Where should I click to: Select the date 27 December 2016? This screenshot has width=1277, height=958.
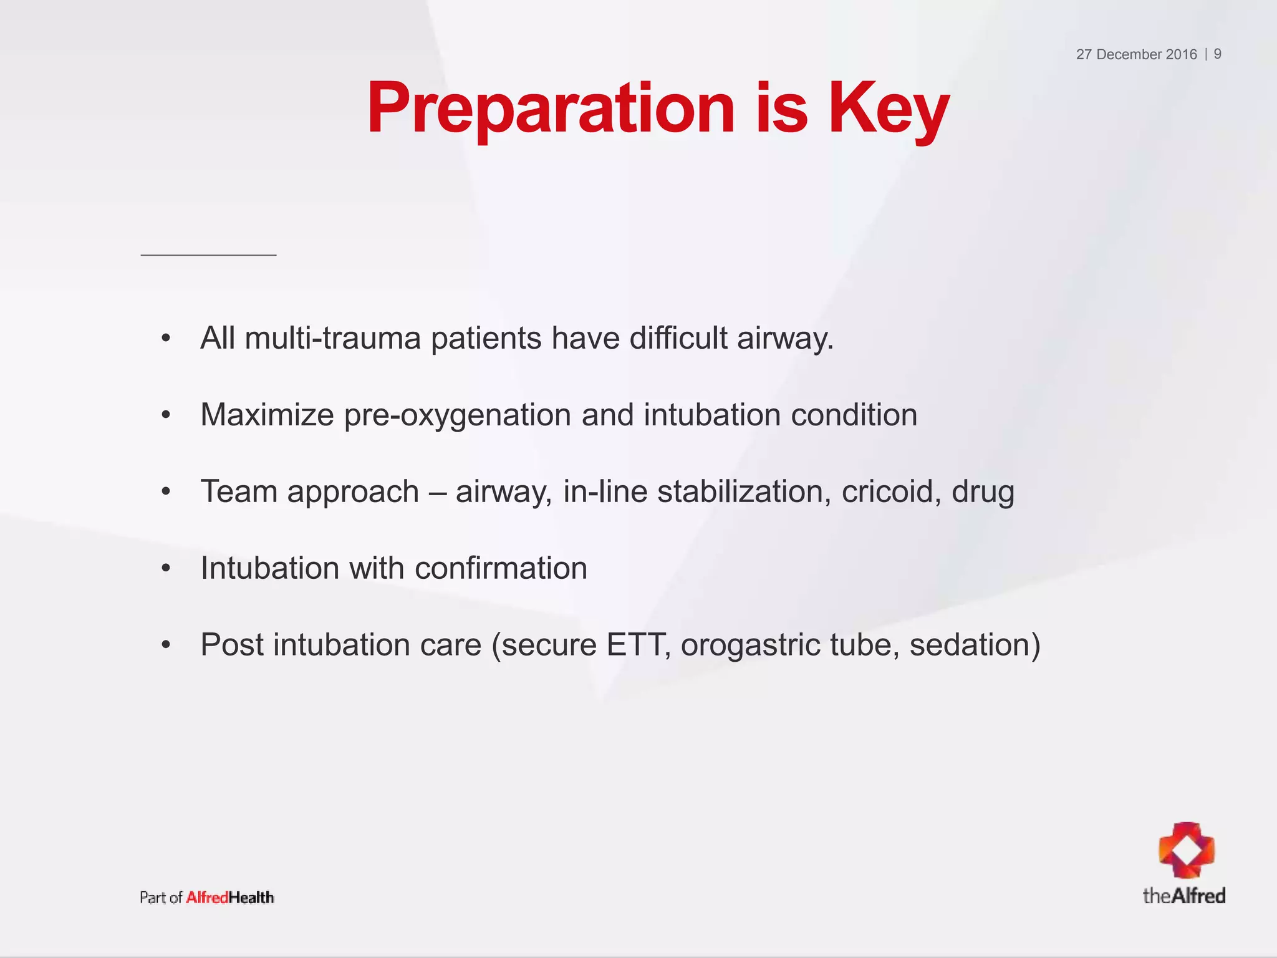click(x=1136, y=54)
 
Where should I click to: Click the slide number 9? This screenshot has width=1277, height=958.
click(x=1217, y=54)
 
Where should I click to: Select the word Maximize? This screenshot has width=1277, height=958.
click(x=267, y=415)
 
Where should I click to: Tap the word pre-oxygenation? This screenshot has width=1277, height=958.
click(x=458, y=415)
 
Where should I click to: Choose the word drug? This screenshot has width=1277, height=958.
click(x=983, y=492)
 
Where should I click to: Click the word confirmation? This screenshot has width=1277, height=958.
click(x=501, y=568)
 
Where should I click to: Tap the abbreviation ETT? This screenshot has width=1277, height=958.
click(x=637, y=645)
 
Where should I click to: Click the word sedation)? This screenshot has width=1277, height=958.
click(x=975, y=645)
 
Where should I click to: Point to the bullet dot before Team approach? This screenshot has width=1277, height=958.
click(x=165, y=492)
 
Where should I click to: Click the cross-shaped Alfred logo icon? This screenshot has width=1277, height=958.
click(x=1187, y=849)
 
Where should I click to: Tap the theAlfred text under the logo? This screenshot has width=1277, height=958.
click(x=1183, y=896)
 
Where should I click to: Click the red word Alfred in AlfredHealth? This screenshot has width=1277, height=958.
click(x=207, y=898)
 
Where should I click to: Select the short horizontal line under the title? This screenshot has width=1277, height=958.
click(x=208, y=254)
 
